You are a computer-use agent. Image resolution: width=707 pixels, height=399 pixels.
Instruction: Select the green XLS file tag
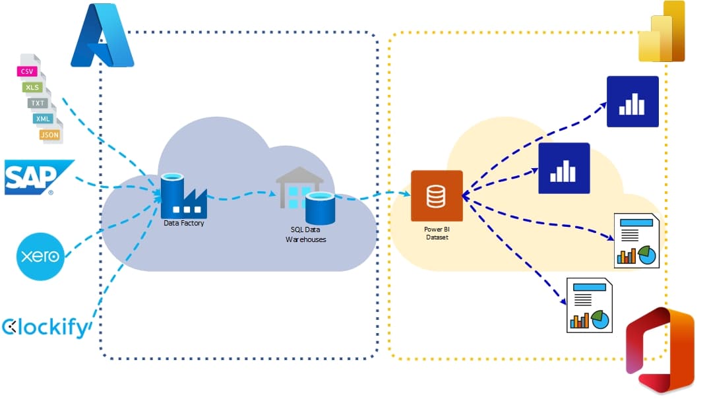(32, 87)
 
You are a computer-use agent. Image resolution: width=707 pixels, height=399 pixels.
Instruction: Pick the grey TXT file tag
(38, 103)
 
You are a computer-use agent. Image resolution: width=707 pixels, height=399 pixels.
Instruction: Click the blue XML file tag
(44, 119)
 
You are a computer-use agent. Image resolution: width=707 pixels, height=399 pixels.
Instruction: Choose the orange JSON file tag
(49, 135)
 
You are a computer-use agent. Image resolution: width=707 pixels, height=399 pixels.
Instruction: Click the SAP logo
(38, 177)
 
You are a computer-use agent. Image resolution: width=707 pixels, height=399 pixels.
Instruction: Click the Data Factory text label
(184, 224)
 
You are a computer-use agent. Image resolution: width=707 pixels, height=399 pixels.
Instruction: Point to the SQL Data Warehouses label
(305, 235)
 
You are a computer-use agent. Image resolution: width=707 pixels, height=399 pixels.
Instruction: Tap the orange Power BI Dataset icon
(437, 196)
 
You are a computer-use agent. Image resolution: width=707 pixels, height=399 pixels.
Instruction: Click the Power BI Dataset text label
(437, 233)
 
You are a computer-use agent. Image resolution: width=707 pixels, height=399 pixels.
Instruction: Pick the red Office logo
(660, 350)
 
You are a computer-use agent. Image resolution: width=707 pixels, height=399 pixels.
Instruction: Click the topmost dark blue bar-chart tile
(632, 102)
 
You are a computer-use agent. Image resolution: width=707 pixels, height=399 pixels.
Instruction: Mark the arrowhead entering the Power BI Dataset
(407, 193)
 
